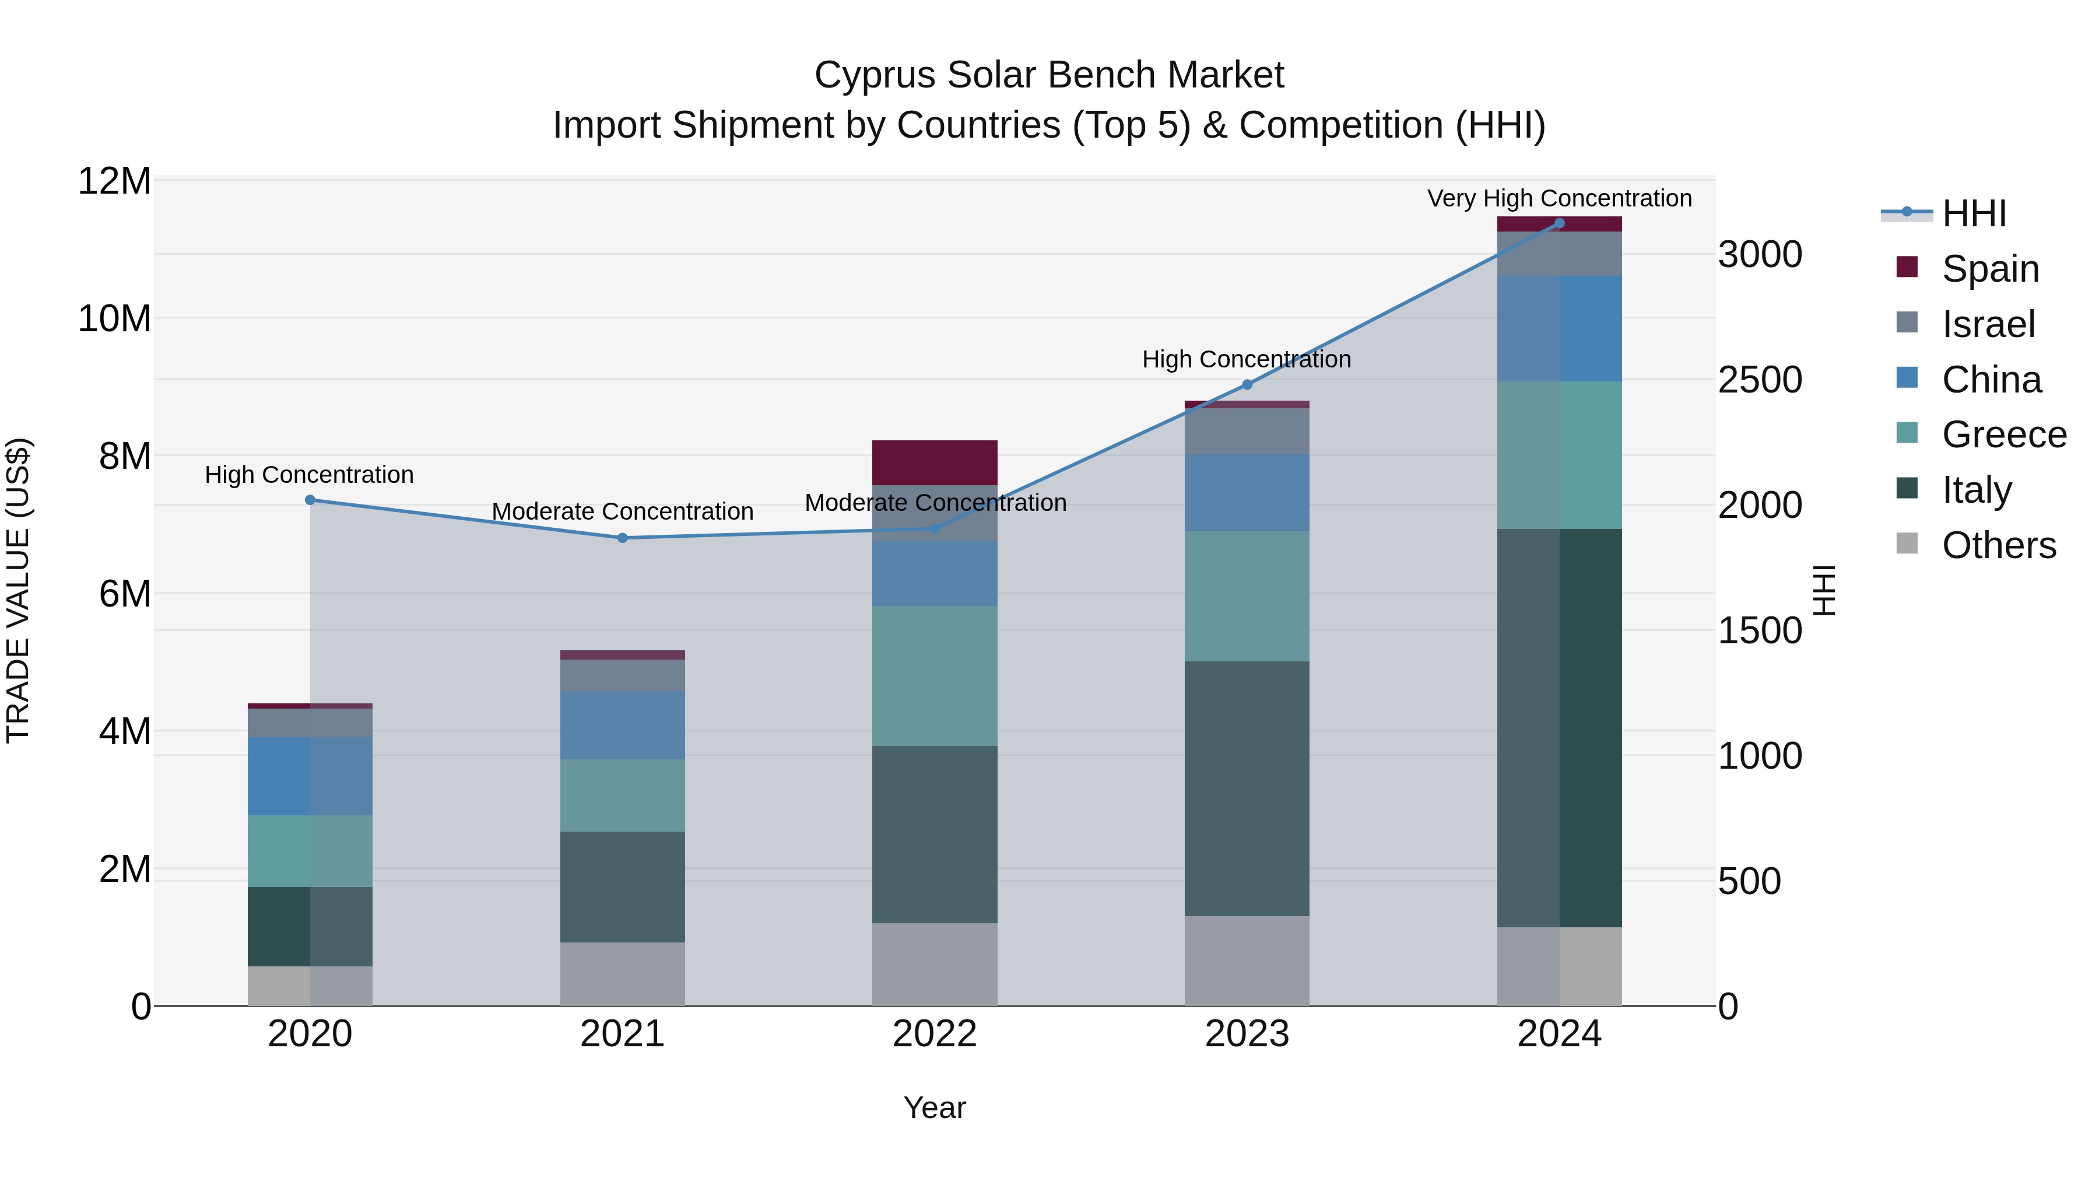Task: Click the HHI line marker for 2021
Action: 623,538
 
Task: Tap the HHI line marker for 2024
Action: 1560,223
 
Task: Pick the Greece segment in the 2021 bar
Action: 623,795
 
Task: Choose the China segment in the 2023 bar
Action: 1247,493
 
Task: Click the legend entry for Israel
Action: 1988,324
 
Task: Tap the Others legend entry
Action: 1998,545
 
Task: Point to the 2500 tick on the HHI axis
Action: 1760,380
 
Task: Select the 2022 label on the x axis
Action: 935,1034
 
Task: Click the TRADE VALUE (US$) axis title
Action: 18,590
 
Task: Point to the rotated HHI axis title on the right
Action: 1824,590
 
